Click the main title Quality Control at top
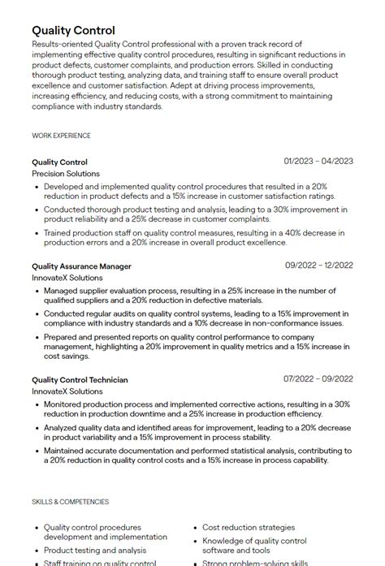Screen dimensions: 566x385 (73, 30)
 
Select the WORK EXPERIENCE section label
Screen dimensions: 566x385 (61, 136)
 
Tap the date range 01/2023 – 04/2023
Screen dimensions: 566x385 (318, 162)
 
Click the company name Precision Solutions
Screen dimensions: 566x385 (66, 174)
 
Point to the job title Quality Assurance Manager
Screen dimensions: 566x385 (81, 266)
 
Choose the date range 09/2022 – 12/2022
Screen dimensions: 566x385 (318, 266)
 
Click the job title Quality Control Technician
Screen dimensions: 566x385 (80, 379)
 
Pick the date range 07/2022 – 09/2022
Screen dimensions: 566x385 (318, 379)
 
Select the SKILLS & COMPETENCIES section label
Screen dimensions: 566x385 (70, 502)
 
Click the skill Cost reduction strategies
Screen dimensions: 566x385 (249, 527)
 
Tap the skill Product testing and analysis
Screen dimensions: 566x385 (94, 550)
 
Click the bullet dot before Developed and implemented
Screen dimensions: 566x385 (37, 186)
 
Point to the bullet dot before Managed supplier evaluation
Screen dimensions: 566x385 (37, 290)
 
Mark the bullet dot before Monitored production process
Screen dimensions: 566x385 (37, 404)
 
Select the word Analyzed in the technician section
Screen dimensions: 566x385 (61, 426)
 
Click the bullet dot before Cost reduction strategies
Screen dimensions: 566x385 (195, 527)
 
